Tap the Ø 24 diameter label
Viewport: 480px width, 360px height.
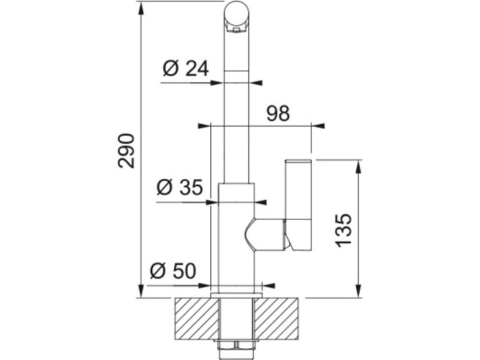pos(185,69)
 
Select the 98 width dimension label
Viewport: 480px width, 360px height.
pos(277,113)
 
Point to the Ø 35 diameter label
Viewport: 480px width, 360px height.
pos(180,188)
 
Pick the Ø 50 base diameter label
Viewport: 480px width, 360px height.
pos(173,271)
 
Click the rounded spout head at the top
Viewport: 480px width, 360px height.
pos(237,14)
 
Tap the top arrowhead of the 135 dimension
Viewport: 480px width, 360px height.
pos(359,165)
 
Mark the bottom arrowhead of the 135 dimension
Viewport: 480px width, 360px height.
pos(359,292)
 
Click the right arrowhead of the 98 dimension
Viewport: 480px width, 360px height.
pos(319,125)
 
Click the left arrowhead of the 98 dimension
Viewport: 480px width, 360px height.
pos(203,125)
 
